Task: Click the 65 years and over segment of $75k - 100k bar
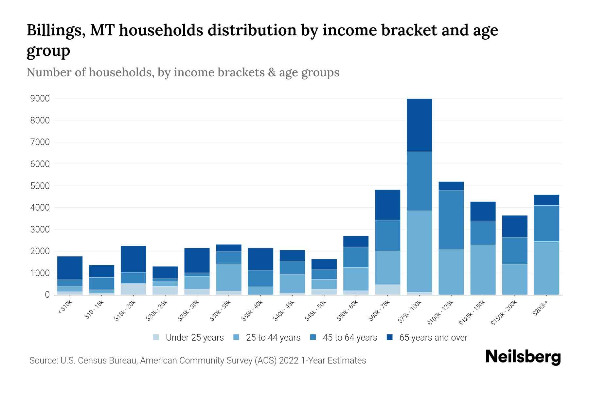pyautogui.click(x=419, y=125)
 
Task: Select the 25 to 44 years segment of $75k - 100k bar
pyautogui.click(x=419, y=251)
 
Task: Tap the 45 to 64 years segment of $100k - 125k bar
pyautogui.click(x=451, y=220)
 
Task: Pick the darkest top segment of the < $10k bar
pyautogui.click(x=70, y=268)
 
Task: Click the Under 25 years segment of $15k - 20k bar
pyautogui.click(x=133, y=289)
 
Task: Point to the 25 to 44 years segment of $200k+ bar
pyautogui.click(x=546, y=268)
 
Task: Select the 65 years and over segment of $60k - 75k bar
pyautogui.click(x=387, y=205)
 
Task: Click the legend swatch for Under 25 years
pyautogui.click(x=156, y=337)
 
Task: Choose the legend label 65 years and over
pyautogui.click(x=433, y=337)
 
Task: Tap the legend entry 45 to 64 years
pyautogui.click(x=349, y=337)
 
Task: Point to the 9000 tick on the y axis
pyautogui.click(x=40, y=99)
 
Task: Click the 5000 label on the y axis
pyautogui.click(x=40, y=186)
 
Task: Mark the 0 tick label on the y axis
pyautogui.click(x=47, y=295)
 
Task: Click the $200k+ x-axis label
pyautogui.click(x=540, y=309)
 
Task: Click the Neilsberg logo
pyautogui.click(x=523, y=357)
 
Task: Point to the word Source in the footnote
pyautogui.click(x=43, y=360)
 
